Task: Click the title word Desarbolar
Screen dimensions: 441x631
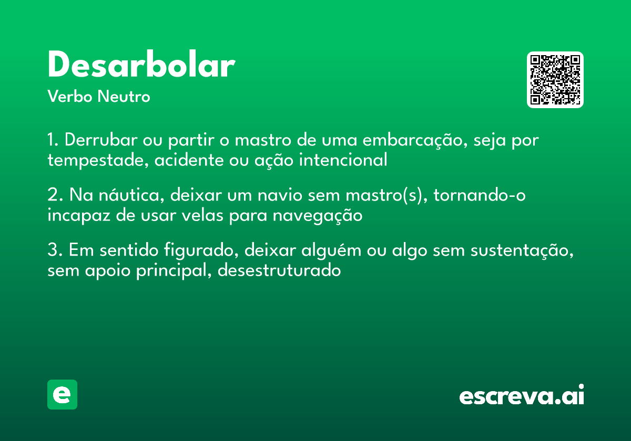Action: (x=141, y=66)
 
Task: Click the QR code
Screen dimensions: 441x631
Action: (x=555, y=80)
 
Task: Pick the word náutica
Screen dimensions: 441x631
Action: (x=114, y=196)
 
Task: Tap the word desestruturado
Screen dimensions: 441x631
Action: (x=279, y=270)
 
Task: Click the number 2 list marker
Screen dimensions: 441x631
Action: (x=54, y=196)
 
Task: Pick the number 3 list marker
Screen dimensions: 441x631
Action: (x=54, y=251)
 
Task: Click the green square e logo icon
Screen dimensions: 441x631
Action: (x=62, y=394)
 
